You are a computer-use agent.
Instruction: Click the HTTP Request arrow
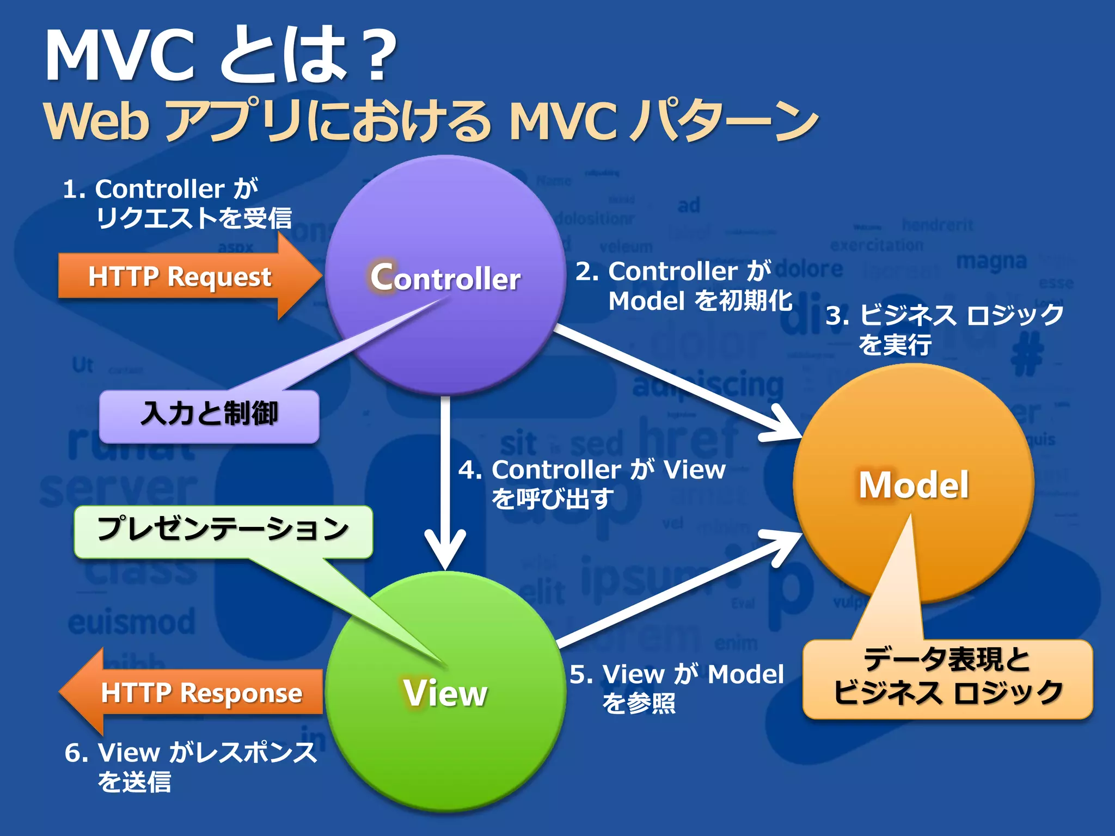[185, 276]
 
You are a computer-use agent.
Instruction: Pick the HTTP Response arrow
[196, 692]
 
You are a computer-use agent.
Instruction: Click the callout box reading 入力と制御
[209, 415]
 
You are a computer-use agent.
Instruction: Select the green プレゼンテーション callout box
[223, 530]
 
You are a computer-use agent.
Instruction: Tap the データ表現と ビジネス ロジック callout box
[947, 678]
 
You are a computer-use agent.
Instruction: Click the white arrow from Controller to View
[445, 479]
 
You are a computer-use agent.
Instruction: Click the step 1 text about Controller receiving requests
[177, 204]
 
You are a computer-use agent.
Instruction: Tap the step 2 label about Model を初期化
[684, 286]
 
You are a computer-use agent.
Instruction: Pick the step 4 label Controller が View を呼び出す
[591, 483]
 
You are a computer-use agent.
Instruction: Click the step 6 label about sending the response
[191, 766]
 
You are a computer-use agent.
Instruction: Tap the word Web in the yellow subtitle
[96, 121]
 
